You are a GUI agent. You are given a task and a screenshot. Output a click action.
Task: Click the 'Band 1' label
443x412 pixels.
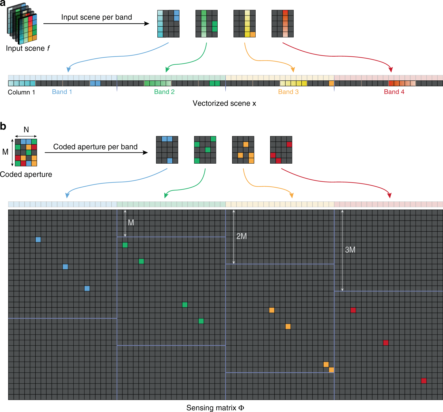(x=62, y=92)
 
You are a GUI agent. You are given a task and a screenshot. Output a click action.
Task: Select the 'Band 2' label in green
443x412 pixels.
(x=164, y=92)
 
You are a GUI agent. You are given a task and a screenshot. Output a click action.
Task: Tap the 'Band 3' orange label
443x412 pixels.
(x=288, y=92)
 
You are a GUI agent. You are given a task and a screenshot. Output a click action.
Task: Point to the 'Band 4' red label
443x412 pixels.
(x=394, y=92)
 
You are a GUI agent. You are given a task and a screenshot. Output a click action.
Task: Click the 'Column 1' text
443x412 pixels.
(x=21, y=92)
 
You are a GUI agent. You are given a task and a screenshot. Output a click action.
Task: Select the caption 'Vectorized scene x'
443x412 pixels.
(x=224, y=103)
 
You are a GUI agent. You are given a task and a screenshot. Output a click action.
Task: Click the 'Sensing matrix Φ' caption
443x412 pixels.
(x=215, y=408)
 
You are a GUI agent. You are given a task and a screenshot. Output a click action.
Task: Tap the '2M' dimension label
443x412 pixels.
(x=241, y=236)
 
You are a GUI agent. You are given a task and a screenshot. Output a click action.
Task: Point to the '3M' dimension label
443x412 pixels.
(x=350, y=250)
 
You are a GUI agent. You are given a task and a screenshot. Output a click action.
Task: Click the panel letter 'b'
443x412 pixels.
(x=3, y=126)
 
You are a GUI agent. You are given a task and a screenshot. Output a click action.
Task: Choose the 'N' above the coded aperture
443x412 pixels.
(x=26, y=129)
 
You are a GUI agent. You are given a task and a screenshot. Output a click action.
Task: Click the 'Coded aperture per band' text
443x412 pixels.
(x=95, y=147)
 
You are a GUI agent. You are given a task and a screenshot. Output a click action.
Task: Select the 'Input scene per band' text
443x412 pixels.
(x=96, y=17)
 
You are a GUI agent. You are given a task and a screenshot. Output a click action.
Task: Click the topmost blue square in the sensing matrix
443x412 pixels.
(x=38, y=240)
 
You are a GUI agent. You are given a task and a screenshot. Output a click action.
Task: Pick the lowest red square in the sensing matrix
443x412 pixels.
(x=424, y=381)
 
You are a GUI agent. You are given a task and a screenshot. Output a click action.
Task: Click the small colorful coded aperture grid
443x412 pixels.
(x=26, y=152)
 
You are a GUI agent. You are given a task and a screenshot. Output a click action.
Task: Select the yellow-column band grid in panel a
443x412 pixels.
(x=245, y=24)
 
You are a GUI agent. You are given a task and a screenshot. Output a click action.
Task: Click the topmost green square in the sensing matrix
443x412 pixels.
(x=125, y=245)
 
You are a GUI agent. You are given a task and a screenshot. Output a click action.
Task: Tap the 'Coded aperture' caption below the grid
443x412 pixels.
(x=26, y=174)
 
